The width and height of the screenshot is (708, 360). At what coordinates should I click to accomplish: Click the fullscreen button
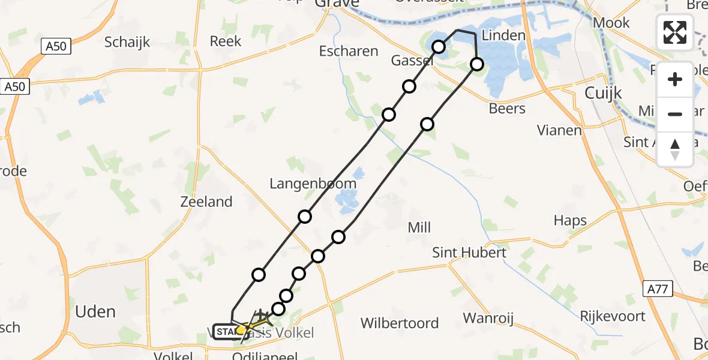(x=675, y=32)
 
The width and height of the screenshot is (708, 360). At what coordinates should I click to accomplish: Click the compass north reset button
(x=675, y=149)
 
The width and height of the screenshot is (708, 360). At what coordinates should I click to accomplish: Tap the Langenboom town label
(x=308, y=184)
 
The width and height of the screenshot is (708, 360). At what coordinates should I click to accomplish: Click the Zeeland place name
(x=206, y=202)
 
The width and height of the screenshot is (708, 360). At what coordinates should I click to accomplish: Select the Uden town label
(x=95, y=311)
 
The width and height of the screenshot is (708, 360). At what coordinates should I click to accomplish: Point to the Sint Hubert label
(x=469, y=253)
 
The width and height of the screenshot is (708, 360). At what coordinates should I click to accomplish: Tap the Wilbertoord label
(x=400, y=323)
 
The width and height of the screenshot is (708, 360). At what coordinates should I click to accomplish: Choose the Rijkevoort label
(x=613, y=316)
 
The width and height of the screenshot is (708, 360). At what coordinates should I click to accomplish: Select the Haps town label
(x=570, y=220)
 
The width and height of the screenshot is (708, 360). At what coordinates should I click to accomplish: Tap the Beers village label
(x=507, y=109)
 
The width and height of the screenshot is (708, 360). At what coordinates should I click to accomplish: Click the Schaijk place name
(x=127, y=42)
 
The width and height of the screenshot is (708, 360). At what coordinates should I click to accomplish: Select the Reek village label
(x=226, y=41)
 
